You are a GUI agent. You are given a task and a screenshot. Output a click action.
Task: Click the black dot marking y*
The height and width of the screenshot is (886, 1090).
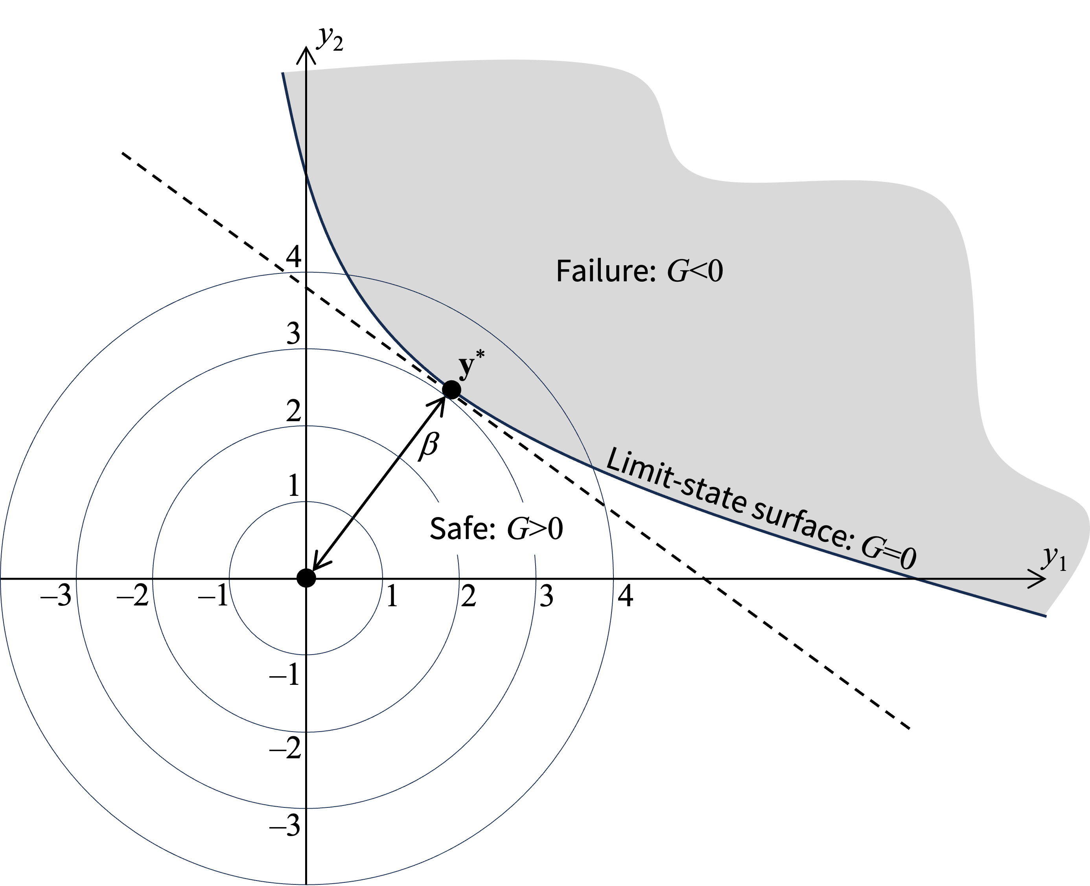tap(451, 390)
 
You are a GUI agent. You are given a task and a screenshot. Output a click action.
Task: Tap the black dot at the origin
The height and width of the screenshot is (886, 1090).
tap(306, 578)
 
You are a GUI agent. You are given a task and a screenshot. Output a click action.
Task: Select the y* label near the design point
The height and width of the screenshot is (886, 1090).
tap(471, 364)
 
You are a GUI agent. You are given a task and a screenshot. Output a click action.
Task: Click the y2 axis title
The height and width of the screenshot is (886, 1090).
tap(330, 38)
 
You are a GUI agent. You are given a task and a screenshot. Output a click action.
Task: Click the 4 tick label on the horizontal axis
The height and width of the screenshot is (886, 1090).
tap(625, 596)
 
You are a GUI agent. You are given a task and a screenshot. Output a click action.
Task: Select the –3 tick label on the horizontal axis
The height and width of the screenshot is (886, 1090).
tap(56, 596)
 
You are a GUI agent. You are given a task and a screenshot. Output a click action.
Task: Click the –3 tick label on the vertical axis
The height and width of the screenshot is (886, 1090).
tap(285, 826)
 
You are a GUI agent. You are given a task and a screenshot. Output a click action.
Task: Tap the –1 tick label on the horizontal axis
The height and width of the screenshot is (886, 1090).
tap(213, 596)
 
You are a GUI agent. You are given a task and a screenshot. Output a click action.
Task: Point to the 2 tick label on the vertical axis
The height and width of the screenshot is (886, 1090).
tap(294, 411)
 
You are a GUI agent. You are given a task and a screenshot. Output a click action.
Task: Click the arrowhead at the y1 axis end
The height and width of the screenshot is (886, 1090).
tap(1039, 579)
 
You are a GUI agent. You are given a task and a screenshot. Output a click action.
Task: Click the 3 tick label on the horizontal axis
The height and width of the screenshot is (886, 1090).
tap(547, 596)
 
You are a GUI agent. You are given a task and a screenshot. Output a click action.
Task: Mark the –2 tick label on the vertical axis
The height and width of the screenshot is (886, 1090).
tap(285, 750)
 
